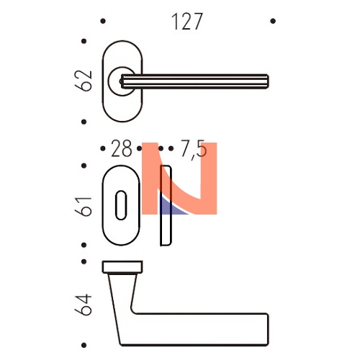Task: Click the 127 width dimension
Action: (x=187, y=22)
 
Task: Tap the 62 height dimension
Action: (x=84, y=81)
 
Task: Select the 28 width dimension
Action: (x=122, y=148)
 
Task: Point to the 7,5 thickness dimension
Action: (x=193, y=149)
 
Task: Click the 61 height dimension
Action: (x=84, y=207)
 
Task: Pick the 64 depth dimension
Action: (x=84, y=305)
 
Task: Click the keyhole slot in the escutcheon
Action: (x=121, y=205)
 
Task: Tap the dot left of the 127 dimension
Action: (x=103, y=21)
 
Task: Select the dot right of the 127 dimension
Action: (x=273, y=21)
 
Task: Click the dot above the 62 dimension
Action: (x=84, y=41)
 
